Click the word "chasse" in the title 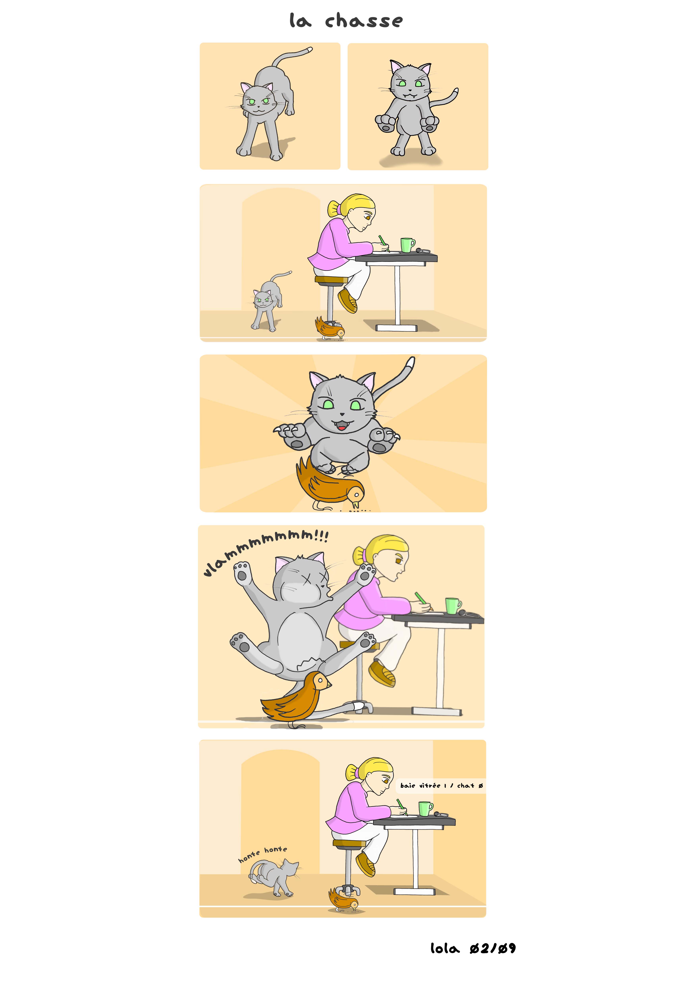pos(364,21)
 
